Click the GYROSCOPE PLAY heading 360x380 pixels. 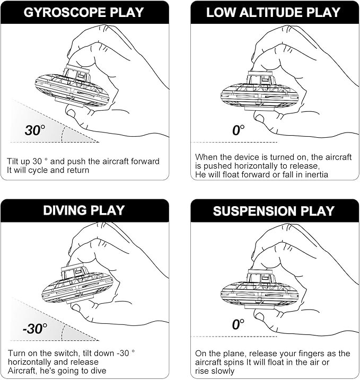pyautogui.click(x=85, y=12)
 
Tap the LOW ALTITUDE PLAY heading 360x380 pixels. pyautogui.click(x=274, y=12)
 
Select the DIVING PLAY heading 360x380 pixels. pyautogui.click(x=85, y=210)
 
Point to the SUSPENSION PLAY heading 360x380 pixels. pyautogui.click(x=274, y=211)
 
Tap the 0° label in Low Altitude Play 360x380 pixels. pyautogui.click(x=239, y=130)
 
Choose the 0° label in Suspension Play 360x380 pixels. pyautogui.click(x=239, y=324)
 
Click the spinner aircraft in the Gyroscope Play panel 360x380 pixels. pyautogui.click(x=72, y=88)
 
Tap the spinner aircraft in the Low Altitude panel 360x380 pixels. pyautogui.click(x=259, y=93)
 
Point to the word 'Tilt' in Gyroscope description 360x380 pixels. pyautogui.click(x=14, y=161)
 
